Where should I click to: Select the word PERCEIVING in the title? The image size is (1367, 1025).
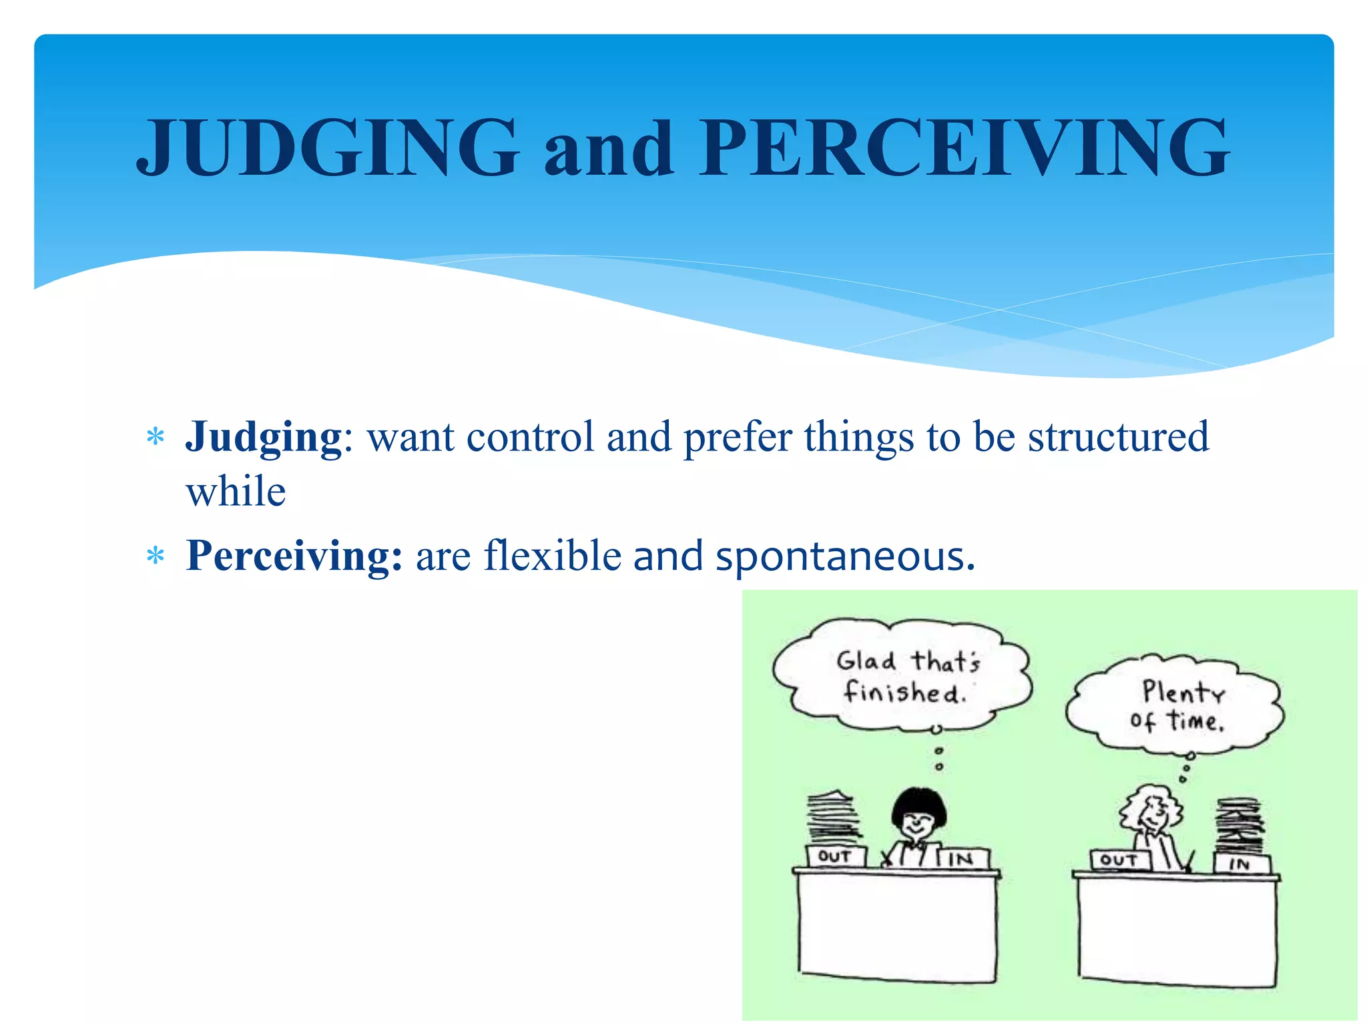(x=964, y=147)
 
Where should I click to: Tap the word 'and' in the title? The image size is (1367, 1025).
(x=608, y=149)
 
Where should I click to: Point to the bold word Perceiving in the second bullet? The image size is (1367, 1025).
(x=294, y=556)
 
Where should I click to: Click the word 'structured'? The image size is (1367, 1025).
(x=1118, y=437)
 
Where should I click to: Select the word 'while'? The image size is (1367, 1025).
(x=236, y=492)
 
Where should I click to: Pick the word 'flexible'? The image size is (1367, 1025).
(x=553, y=556)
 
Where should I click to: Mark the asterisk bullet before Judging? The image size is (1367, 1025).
(x=156, y=438)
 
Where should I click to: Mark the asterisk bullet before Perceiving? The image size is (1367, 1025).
(x=156, y=556)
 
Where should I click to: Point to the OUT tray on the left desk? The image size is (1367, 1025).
(x=835, y=856)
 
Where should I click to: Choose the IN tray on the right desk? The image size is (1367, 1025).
(x=1240, y=864)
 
